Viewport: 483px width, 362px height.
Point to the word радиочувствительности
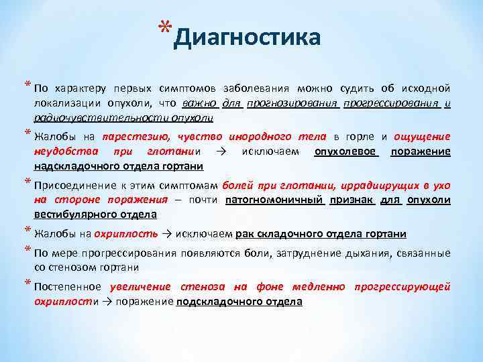tap(100, 117)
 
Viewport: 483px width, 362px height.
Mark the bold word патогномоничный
tap(275, 200)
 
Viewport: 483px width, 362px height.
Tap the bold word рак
tap(245, 234)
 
